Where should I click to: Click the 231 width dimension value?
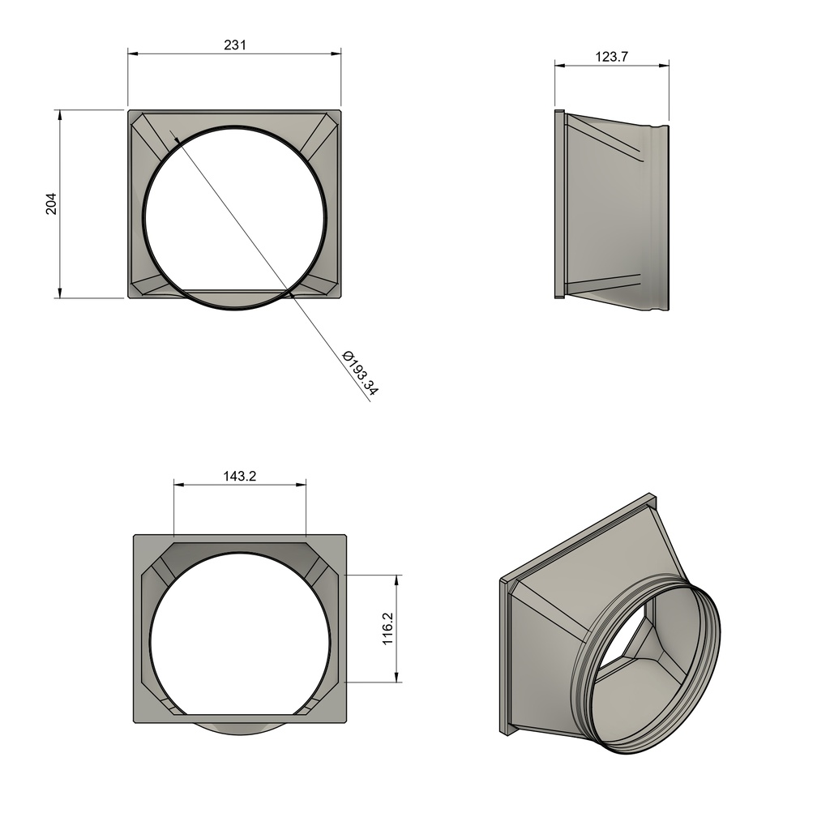[x=234, y=45]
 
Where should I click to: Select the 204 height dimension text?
[x=51, y=203]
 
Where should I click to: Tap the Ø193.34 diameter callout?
[x=360, y=374]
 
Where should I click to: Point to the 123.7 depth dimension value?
[x=612, y=57]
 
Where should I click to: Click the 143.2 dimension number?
[x=240, y=477]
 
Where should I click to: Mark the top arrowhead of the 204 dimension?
[x=59, y=116]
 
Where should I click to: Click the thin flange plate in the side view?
[x=559, y=203]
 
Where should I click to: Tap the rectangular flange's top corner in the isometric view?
[x=652, y=496]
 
